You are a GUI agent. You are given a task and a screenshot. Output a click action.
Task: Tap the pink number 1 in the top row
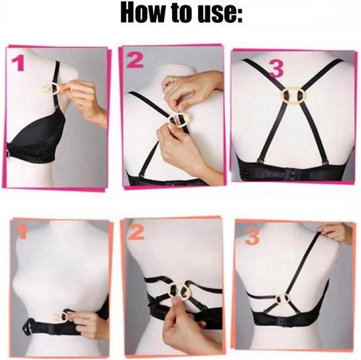click(x=18, y=64)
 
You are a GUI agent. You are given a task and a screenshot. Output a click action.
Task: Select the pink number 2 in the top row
click(x=135, y=60)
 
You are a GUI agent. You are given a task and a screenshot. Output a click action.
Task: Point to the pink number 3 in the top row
click(x=276, y=69)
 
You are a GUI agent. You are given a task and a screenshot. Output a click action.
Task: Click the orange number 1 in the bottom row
click(x=22, y=232)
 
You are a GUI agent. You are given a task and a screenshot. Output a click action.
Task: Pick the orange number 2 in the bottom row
click(x=136, y=233)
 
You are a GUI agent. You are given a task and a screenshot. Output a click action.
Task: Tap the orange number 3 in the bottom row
click(x=252, y=237)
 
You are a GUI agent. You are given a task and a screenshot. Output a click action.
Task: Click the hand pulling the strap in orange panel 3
click(x=335, y=232)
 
